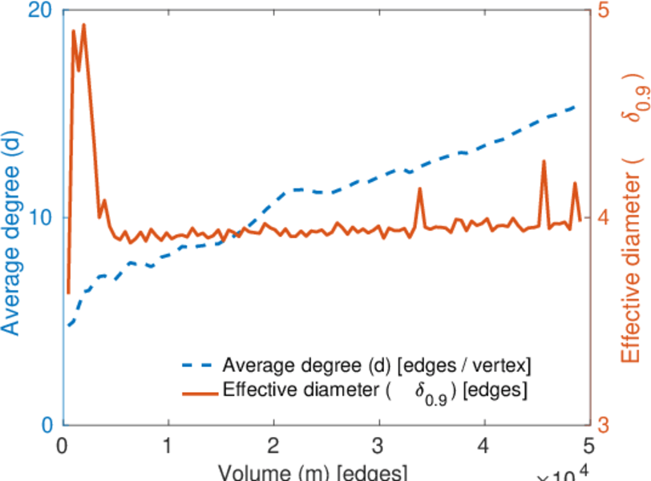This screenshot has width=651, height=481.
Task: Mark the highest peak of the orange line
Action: coord(83,25)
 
